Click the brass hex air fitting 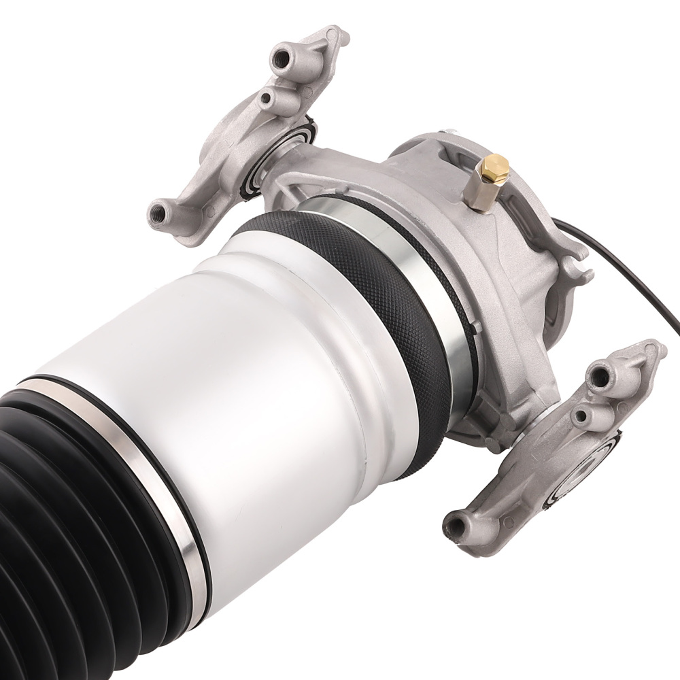494,169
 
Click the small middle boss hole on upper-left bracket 267,100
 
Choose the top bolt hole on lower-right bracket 600,372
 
